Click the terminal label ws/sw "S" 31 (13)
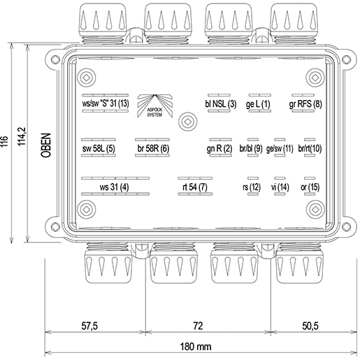[x=106, y=103]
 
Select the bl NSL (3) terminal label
[x=221, y=104]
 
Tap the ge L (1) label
[x=258, y=104]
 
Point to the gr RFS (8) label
[x=305, y=104]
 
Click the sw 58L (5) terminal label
[x=99, y=148]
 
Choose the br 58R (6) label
[x=153, y=148]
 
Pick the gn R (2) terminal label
[x=219, y=149]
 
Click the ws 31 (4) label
[x=114, y=187]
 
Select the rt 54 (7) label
[x=195, y=187]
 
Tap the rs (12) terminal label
[x=252, y=187]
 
